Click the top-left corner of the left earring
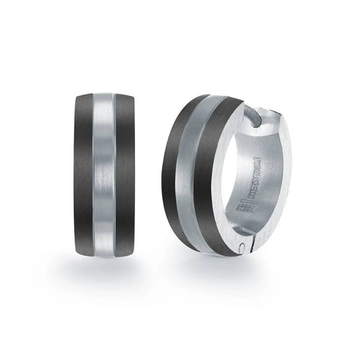(x=76, y=97)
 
